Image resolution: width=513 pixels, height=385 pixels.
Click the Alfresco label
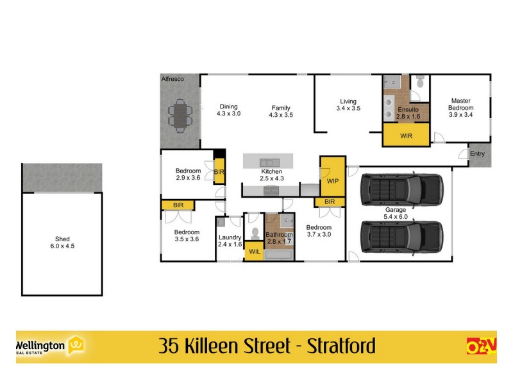[172, 78]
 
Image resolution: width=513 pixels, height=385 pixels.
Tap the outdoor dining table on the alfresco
[180, 116]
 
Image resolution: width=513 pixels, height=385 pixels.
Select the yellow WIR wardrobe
[406, 136]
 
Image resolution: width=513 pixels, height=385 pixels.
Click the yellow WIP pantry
[332, 181]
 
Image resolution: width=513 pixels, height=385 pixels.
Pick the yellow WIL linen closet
[254, 251]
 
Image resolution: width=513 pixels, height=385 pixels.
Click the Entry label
[477, 154]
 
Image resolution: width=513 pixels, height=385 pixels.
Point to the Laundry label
[229, 241]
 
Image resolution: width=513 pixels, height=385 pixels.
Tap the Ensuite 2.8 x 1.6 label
[408, 113]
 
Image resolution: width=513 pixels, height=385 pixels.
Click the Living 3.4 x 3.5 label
[348, 105]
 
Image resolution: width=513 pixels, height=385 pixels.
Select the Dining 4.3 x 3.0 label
[228, 110]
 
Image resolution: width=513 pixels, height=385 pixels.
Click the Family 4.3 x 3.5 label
[280, 111]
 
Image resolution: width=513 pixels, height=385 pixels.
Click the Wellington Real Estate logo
[52, 346]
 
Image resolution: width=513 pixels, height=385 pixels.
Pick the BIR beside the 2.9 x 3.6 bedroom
[219, 172]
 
